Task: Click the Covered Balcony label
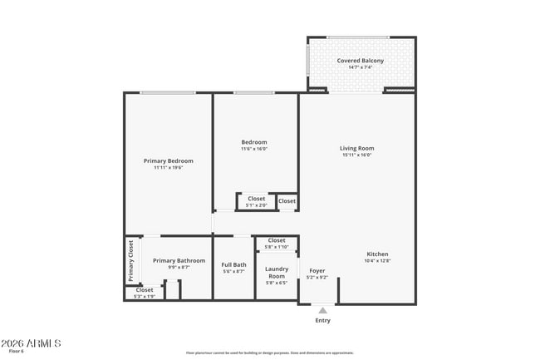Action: click(360, 61)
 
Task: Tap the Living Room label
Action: click(356, 148)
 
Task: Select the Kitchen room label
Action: click(377, 254)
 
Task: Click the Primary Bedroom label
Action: click(169, 160)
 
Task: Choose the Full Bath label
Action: click(233, 265)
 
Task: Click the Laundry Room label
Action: click(277, 272)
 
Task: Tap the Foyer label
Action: click(317, 271)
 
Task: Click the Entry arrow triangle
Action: click(322, 310)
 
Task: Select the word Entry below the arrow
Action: click(322, 320)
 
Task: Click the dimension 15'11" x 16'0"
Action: click(356, 155)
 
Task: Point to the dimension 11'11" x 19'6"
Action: click(169, 168)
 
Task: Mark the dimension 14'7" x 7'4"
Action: click(360, 68)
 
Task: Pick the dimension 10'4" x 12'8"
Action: click(377, 261)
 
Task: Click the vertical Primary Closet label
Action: click(131, 260)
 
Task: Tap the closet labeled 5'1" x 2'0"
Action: click(257, 205)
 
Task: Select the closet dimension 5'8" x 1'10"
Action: click(277, 247)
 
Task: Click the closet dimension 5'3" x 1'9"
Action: click(145, 296)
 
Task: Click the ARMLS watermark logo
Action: click(31, 343)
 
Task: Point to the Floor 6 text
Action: click(17, 353)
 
